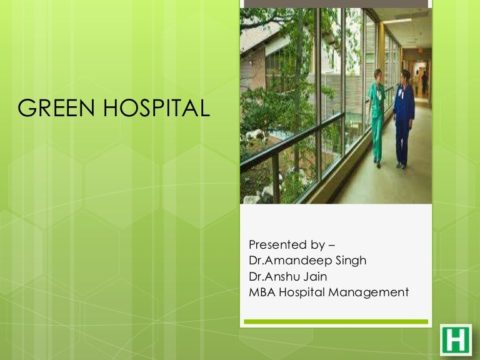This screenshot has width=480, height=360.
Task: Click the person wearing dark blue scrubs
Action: tap(404, 118)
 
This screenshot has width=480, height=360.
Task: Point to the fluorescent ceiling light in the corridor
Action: tap(397, 21)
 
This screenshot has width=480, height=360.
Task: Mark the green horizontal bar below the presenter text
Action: tap(336, 321)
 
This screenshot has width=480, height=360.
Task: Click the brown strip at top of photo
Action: tap(336, 3)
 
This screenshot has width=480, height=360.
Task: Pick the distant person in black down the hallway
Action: tap(425, 82)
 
